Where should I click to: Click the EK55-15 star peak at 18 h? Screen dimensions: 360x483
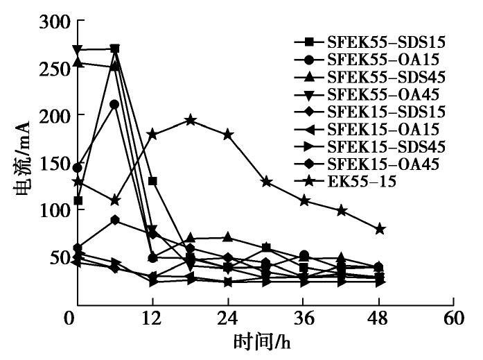tap(191, 120)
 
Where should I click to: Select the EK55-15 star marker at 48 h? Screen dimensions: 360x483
tap(379, 229)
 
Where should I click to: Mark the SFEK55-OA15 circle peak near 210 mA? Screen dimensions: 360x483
tap(115, 104)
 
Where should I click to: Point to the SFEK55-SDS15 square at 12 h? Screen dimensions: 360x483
tap(152, 181)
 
